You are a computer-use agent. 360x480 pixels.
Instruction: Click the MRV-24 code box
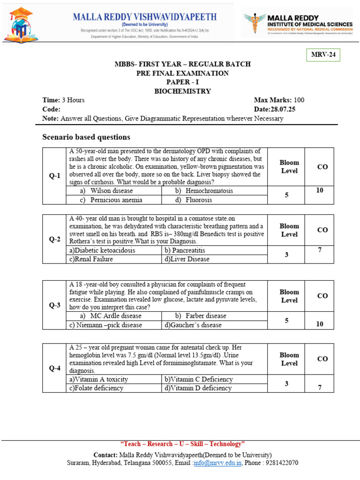click(323, 55)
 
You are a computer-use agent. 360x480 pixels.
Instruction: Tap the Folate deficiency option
click(97, 388)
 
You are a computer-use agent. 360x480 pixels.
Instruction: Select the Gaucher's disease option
click(193, 325)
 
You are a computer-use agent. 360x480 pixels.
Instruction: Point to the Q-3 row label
click(55, 305)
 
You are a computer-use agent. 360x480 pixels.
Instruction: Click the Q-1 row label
click(55, 176)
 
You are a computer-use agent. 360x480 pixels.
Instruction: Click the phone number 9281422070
click(281, 463)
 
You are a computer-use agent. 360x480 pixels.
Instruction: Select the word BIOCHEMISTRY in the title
click(182, 91)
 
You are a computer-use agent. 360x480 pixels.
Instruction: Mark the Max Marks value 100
click(299, 100)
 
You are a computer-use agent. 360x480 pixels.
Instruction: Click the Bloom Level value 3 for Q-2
click(286, 255)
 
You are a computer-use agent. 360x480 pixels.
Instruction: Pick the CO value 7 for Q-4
click(319, 387)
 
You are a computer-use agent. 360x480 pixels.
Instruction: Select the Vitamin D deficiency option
click(197, 388)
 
